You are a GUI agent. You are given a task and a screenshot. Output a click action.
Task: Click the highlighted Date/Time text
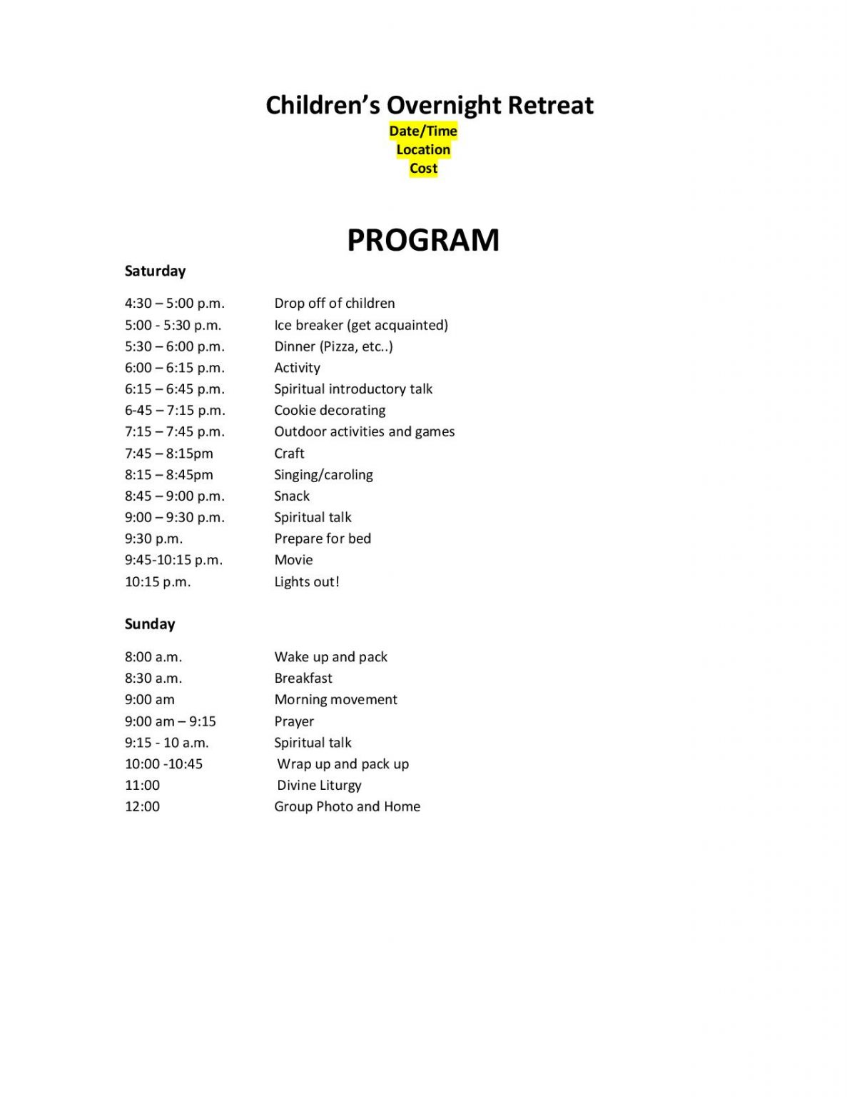[x=423, y=131]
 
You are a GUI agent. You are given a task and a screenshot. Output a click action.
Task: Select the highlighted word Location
[x=423, y=149]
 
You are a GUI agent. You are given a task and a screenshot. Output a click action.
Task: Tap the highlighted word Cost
[x=423, y=169]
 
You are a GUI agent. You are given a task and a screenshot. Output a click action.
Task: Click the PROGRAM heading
[x=423, y=240]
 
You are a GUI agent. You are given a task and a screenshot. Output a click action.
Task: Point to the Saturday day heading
[x=155, y=271]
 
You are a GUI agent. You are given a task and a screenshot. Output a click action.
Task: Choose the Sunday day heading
[x=150, y=623]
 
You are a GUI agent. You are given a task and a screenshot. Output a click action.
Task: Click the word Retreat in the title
[x=550, y=105]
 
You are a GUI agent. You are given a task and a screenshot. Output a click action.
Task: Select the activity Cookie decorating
[x=330, y=410]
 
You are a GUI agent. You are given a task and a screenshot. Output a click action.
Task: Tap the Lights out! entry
[x=307, y=581]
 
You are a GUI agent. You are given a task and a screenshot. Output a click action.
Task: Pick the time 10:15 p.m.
[x=158, y=581]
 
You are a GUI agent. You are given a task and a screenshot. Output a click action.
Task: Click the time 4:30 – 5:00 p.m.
[x=174, y=303]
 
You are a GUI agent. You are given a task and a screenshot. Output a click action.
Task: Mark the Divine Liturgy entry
[x=319, y=785]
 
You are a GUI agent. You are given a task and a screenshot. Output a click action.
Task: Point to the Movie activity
[x=293, y=559]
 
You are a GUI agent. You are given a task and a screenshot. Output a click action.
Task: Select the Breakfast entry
[x=303, y=678]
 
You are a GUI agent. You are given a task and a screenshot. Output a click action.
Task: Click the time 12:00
[x=142, y=806]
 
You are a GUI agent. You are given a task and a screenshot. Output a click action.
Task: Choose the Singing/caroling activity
[x=323, y=474]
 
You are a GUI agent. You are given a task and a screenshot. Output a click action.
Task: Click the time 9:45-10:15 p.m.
[x=173, y=559]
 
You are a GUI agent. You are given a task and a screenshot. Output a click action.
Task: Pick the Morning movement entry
[x=335, y=699]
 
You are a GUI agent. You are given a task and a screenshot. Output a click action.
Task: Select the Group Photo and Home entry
[x=347, y=806]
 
